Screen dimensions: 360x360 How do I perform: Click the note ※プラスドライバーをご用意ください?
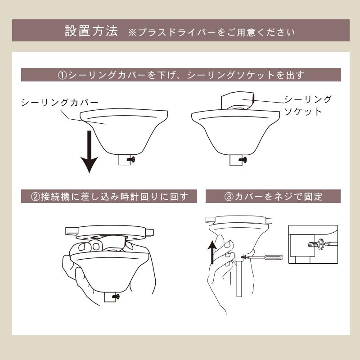coord(211,32)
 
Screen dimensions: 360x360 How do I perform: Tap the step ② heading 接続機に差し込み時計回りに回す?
coord(109,197)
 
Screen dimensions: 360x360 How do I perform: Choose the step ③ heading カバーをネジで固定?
coord(273,197)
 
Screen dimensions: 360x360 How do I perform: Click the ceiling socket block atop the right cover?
coord(237,100)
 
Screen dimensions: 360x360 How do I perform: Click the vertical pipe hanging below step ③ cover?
coord(239,279)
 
